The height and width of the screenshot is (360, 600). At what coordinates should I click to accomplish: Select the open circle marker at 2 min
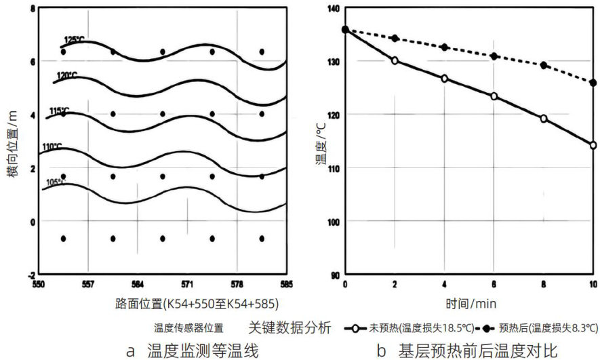(395, 60)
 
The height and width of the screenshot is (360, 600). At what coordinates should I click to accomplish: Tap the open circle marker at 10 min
(593, 145)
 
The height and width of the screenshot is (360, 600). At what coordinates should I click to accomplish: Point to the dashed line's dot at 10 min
(593, 83)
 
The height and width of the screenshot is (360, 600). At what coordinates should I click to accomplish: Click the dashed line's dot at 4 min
(444, 47)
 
